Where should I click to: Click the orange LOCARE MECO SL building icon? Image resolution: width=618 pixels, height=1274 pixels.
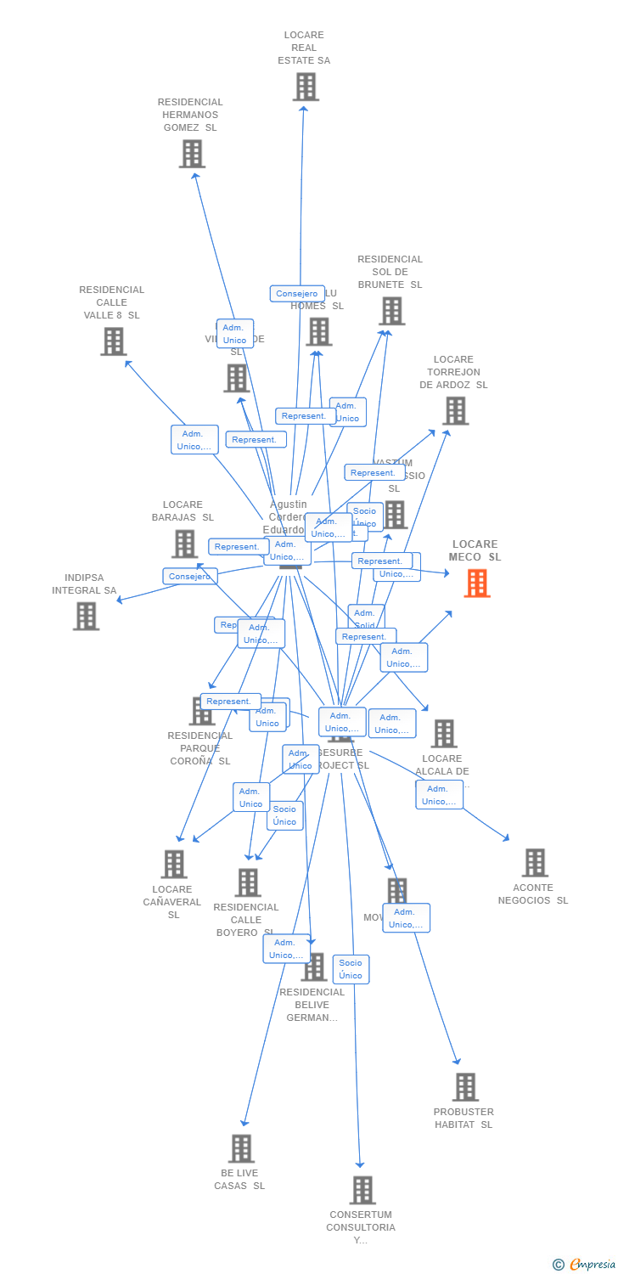(477, 583)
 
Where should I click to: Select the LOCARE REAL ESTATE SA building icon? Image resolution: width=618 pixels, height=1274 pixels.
(306, 87)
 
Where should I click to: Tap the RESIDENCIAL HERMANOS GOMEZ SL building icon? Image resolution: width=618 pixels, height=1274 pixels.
(192, 154)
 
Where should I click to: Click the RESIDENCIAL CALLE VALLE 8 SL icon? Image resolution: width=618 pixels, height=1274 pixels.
(113, 341)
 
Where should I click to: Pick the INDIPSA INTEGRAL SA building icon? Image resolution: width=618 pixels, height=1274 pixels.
(86, 616)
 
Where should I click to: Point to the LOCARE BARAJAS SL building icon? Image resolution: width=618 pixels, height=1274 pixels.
(184, 544)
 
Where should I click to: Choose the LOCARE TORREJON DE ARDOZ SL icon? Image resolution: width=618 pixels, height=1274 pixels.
(455, 411)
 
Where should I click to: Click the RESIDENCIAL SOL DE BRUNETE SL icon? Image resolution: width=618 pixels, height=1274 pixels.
(391, 311)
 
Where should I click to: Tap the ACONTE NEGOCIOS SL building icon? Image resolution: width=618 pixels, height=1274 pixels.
(535, 863)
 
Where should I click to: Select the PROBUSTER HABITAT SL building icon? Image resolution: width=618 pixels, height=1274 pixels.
(465, 1087)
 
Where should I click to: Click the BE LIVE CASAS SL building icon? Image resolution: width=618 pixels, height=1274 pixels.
(241, 1148)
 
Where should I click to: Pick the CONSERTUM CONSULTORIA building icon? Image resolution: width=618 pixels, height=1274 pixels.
(362, 1190)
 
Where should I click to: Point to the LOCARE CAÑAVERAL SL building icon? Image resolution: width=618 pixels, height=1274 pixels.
(174, 864)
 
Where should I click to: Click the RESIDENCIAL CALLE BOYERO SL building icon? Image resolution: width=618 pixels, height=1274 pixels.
(248, 882)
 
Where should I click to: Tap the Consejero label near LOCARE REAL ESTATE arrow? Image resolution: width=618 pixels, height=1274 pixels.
(297, 294)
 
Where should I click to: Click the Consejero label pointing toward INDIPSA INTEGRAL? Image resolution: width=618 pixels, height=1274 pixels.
(190, 576)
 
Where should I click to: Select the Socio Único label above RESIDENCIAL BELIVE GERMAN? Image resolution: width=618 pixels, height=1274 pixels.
(351, 969)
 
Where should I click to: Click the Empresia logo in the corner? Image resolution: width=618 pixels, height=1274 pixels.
(585, 1265)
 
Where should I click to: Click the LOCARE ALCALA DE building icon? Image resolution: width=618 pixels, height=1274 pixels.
(444, 733)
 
